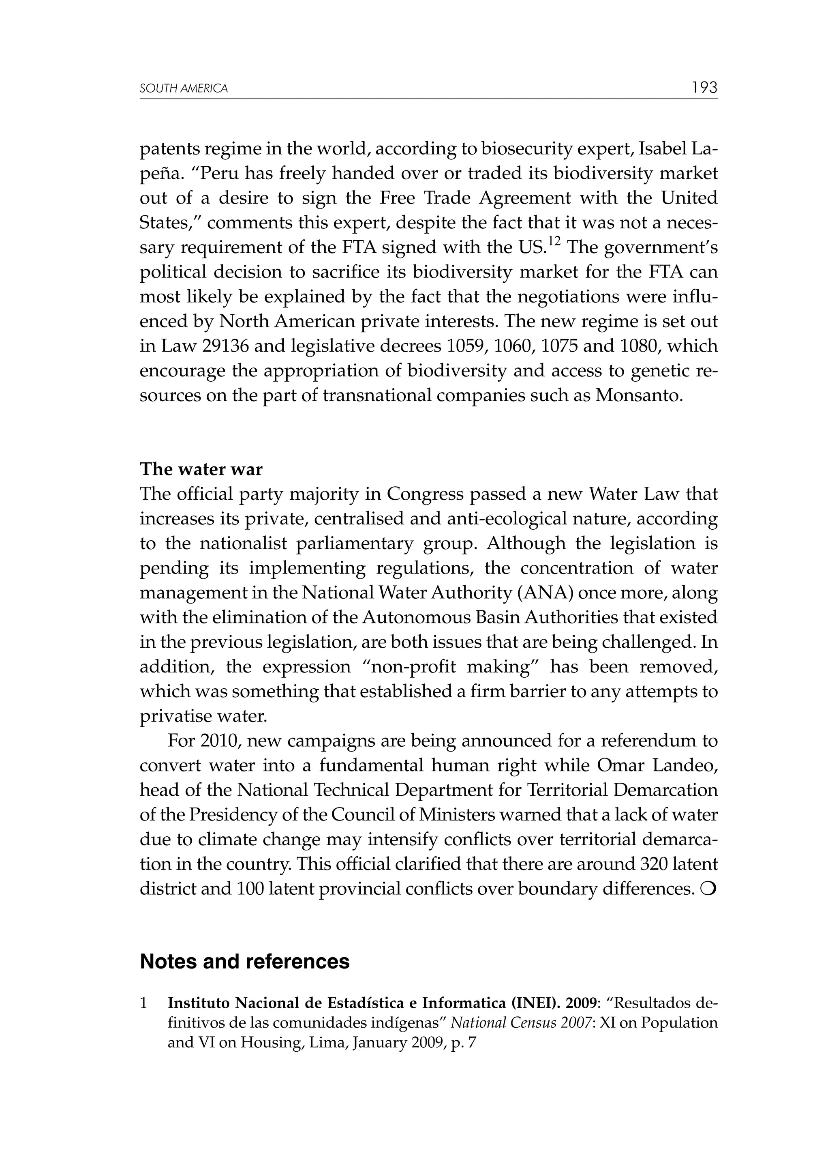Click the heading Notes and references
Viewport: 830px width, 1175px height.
pos(244,962)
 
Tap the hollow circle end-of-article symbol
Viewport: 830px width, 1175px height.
pos(710,889)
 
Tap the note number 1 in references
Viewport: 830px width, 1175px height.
pos(144,1003)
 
